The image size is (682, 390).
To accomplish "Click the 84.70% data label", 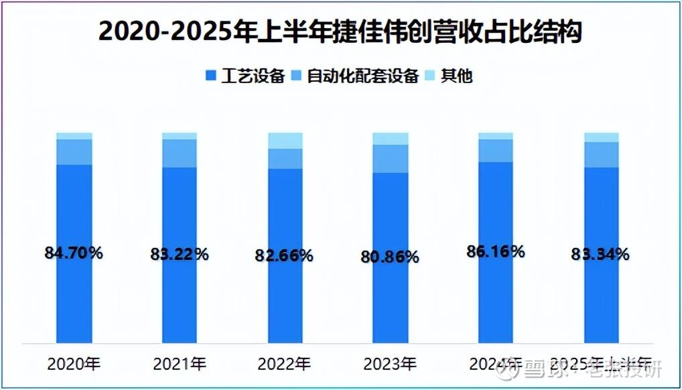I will pyautogui.click(x=74, y=253).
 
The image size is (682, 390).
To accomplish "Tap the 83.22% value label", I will pyautogui.click(x=180, y=254).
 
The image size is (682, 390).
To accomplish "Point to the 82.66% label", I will pyautogui.click(x=285, y=255).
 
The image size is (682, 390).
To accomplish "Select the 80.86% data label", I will pyautogui.click(x=390, y=257).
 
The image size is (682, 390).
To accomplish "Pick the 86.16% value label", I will pyautogui.click(x=495, y=251).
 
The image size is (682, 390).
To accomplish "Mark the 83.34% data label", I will pyautogui.click(x=600, y=254).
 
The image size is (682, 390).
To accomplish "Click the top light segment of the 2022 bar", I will pyautogui.click(x=285, y=140).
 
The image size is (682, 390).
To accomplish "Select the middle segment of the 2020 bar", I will pyautogui.click(x=74, y=151).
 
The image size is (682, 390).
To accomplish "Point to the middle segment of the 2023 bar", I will pyautogui.click(x=390, y=158).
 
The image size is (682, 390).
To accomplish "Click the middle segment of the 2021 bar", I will pyautogui.click(x=180, y=153).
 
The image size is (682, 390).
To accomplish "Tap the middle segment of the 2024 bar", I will pyautogui.click(x=495, y=150).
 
